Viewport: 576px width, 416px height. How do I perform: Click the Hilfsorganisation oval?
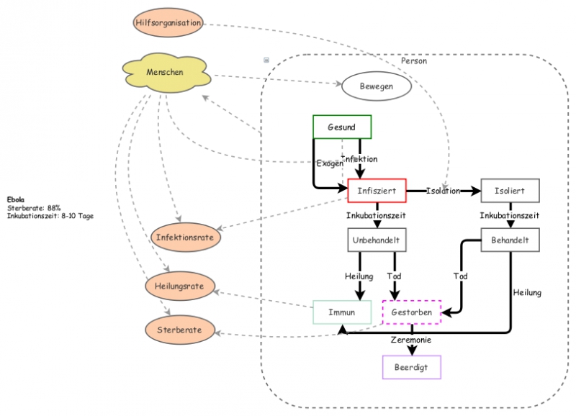click(168, 23)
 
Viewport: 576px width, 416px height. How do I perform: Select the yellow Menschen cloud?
click(165, 73)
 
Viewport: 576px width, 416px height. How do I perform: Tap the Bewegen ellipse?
click(376, 87)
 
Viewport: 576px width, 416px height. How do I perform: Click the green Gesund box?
click(342, 127)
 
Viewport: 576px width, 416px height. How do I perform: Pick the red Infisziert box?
click(377, 191)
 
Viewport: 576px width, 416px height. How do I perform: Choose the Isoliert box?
click(510, 191)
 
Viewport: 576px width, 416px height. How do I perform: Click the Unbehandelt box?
click(377, 240)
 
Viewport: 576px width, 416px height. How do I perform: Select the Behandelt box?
click(510, 240)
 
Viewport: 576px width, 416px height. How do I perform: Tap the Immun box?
click(342, 312)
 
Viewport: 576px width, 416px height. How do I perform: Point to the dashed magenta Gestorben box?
click(412, 312)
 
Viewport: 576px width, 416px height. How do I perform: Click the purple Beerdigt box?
click(411, 367)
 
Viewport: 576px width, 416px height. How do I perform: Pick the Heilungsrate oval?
click(179, 286)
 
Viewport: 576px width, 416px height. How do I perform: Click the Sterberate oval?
click(180, 330)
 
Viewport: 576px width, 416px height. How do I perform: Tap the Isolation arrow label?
click(443, 191)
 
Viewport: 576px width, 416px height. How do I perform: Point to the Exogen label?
click(330, 163)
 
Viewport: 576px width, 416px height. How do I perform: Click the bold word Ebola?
click(15, 200)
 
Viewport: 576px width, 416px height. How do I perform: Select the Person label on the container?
click(414, 61)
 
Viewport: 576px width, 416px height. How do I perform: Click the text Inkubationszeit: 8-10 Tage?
click(50, 215)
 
